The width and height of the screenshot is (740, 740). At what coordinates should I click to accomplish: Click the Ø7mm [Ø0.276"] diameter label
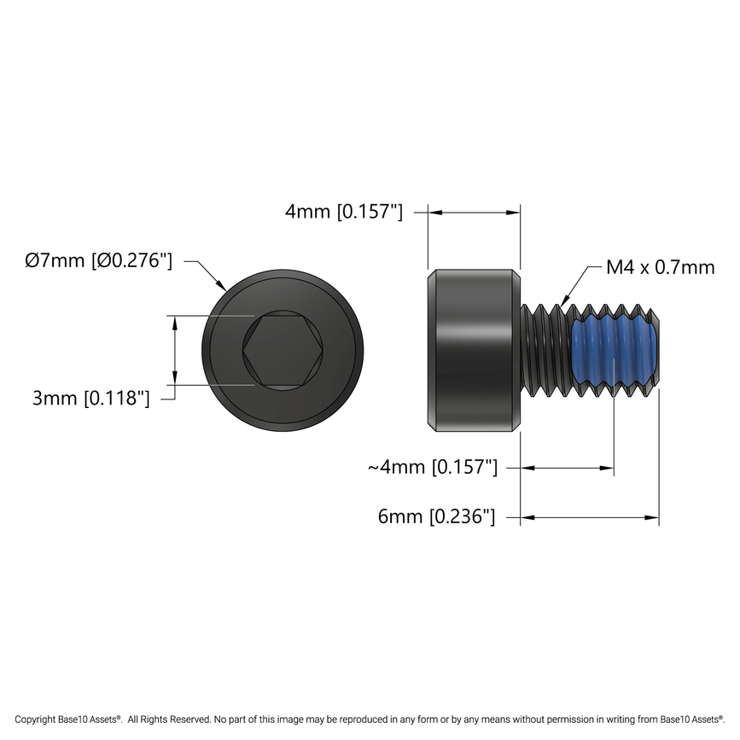99,261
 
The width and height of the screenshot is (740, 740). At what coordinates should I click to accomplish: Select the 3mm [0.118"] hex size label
91,398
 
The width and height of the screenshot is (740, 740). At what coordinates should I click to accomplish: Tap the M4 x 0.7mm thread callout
660,267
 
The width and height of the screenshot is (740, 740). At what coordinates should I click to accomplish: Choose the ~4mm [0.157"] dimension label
432,467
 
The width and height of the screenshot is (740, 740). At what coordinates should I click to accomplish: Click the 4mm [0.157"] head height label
344,212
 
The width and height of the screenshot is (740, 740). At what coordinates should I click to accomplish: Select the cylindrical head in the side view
474,351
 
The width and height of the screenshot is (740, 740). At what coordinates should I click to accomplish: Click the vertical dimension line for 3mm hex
175,351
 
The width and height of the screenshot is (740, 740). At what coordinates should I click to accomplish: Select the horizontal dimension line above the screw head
474,212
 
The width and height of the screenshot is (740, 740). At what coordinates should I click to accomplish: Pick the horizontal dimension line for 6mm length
590,516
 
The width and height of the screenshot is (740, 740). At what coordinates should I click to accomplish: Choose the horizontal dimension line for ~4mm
568,467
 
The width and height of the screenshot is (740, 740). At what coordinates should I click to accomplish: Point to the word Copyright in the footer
38,720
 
